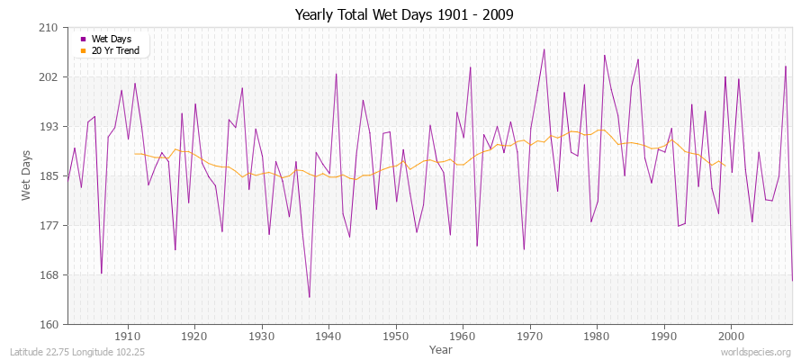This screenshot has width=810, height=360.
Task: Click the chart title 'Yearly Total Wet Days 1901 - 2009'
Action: (x=404, y=15)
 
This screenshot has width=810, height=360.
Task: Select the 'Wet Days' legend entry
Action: (x=111, y=39)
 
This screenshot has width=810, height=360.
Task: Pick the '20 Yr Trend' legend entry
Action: (x=115, y=50)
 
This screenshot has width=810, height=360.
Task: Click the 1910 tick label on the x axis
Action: (x=128, y=336)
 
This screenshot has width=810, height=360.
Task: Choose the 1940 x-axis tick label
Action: (x=328, y=336)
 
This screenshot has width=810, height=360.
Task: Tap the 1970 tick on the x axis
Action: (x=529, y=336)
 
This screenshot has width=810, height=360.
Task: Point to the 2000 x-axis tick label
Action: (x=731, y=336)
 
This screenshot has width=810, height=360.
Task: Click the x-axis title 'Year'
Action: (x=428, y=348)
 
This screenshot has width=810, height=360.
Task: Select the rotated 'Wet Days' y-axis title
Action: (x=26, y=175)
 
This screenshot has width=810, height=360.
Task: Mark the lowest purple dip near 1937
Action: (x=309, y=297)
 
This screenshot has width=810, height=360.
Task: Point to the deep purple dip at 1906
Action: (x=102, y=273)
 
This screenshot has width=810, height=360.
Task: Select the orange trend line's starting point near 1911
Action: (x=135, y=153)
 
